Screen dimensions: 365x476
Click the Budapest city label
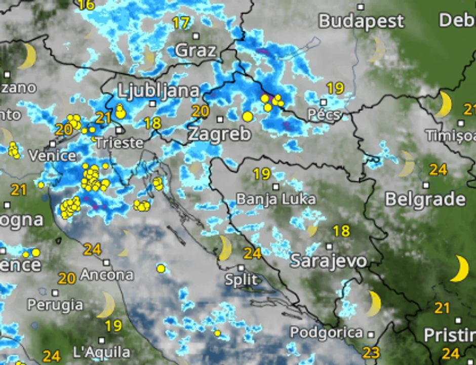point(362,21)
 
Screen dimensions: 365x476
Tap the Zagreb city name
point(219,134)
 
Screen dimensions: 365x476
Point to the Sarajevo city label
point(328,261)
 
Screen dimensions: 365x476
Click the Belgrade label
point(425,199)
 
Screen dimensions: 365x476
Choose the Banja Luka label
point(276,199)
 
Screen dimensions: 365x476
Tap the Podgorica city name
point(326,333)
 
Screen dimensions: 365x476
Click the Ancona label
point(106,275)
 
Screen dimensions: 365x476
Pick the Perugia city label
point(55,305)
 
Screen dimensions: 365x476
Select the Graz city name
point(195,51)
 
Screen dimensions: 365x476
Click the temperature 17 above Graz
point(181,23)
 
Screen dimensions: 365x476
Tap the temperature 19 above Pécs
point(335,89)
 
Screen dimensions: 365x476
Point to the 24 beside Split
point(252,253)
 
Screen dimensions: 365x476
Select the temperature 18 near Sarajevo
point(341,231)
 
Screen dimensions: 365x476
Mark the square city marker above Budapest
point(361,7)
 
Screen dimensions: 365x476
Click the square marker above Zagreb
point(220,119)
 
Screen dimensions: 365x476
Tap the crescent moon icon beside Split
point(224,248)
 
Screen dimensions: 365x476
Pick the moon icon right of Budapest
point(378,49)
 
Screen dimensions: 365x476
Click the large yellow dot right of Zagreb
point(247,117)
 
